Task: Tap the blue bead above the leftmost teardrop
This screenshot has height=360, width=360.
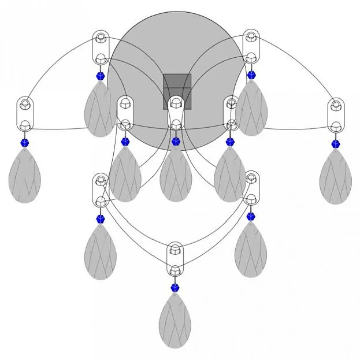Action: pos(25,142)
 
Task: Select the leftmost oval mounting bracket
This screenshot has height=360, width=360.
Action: pos(25,114)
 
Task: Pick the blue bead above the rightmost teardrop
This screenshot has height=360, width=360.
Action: pos(335,143)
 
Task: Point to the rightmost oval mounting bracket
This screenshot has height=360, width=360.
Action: pos(336,115)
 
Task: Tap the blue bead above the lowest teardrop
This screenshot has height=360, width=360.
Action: pos(175,287)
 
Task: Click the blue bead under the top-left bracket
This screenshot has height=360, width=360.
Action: pos(101,75)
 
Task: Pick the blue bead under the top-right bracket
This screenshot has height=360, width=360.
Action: pos(251,75)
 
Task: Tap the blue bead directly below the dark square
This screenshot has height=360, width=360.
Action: pos(176,141)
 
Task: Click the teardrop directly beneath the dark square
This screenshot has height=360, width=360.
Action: pos(176,175)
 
